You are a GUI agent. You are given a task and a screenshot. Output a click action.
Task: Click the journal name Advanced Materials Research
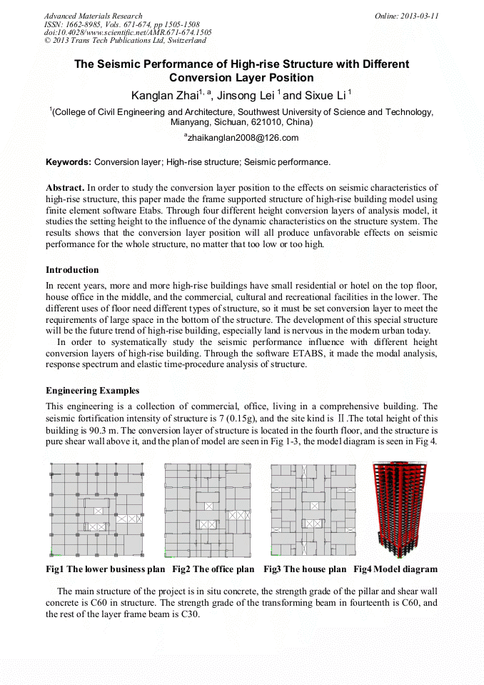click(x=93, y=16)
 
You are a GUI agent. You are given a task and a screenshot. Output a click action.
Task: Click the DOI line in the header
click(x=128, y=32)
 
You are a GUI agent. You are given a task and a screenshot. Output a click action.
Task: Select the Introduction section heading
click(x=72, y=270)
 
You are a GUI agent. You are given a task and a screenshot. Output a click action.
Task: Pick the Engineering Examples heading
click(x=92, y=391)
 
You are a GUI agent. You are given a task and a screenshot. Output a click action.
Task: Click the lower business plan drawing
click(x=96, y=509)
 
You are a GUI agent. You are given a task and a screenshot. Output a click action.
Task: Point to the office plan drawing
click(x=208, y=510)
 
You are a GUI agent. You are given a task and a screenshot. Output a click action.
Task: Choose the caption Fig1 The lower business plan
click(x=106, y=569)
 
